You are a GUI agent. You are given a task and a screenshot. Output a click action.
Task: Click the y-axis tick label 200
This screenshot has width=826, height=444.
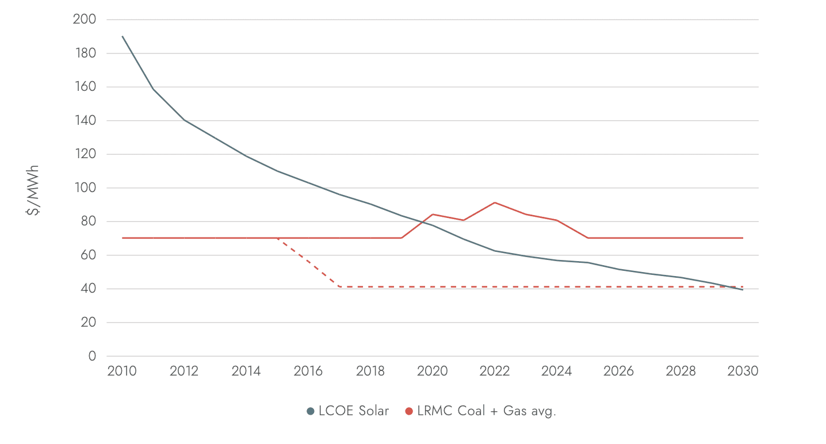click(84, 20)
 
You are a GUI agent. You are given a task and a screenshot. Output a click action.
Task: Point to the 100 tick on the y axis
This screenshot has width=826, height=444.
click(84, 188)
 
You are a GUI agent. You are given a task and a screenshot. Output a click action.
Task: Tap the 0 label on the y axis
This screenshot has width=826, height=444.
click(92, 357)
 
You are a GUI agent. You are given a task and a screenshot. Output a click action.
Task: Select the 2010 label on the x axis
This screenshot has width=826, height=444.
click(122, 371)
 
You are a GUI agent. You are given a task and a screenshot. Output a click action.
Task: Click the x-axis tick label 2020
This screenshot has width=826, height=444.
click(433, 371)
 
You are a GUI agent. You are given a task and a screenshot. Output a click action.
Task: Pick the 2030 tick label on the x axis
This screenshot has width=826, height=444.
click(743, 371)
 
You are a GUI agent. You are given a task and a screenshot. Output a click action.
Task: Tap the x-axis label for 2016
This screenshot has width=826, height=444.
click(308, 371)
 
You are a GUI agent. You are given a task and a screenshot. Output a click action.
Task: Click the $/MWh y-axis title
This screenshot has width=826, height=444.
click(33, 189)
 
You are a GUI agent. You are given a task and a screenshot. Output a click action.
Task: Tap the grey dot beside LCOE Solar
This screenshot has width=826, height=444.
click(311, 411)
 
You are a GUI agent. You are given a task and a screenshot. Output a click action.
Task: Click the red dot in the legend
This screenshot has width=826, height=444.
click(409, 411)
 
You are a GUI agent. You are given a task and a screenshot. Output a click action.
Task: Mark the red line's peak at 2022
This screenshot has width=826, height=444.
click(495, 202)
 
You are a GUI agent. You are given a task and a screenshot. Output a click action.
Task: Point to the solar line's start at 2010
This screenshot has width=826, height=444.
click(123, 36)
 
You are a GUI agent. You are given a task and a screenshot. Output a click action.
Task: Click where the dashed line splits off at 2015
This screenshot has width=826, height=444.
click(277, 238)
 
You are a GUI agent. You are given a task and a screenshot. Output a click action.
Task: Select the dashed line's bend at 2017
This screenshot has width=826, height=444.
click(339, 286)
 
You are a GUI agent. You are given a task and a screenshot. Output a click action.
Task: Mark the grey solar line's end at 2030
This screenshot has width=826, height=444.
click(743, 289)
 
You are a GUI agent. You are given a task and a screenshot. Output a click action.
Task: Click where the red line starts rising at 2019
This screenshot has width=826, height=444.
click(401, 238)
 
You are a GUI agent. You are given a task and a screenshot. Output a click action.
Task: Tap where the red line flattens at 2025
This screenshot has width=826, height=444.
click(587, 238)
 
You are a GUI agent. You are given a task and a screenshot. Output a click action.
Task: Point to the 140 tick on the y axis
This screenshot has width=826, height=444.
click(84, 121)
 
